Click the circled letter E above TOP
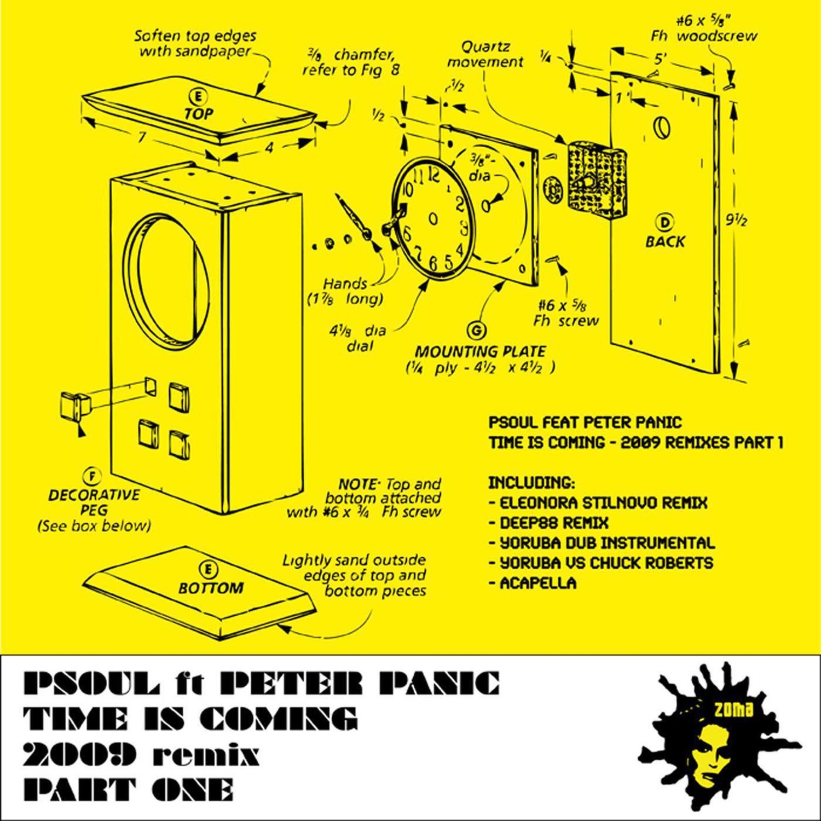198,97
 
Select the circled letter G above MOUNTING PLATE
474,330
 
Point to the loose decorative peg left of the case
73,405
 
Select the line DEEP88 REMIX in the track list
553,523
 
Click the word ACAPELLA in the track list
537,583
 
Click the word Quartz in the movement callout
485,47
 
